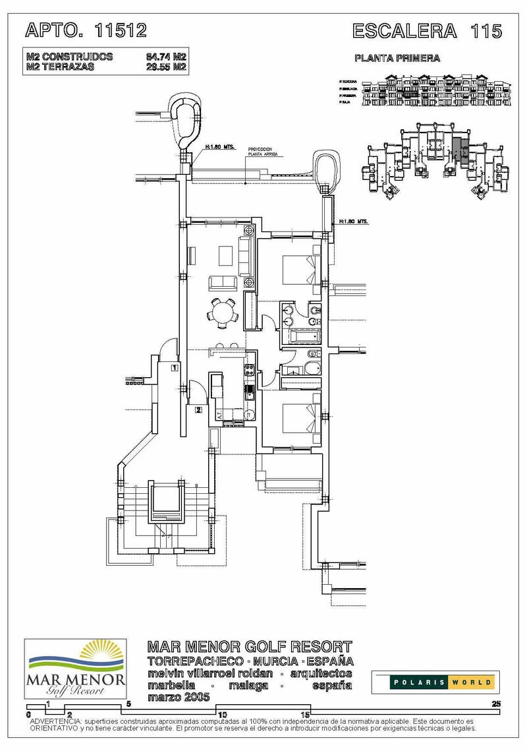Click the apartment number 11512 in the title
click(121, 30)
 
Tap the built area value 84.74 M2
click(167, 57)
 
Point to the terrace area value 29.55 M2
click(167, 67)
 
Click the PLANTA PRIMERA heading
click(397, 58)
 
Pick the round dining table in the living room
click(225, 312)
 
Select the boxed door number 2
click(198, 409)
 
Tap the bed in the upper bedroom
click(300, 268)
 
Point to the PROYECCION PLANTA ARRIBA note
click(263, 151)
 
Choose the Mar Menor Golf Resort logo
click(75, 669)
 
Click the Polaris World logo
click(435, 682)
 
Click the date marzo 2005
click(179, 697)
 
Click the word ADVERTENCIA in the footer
click(52, 722)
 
